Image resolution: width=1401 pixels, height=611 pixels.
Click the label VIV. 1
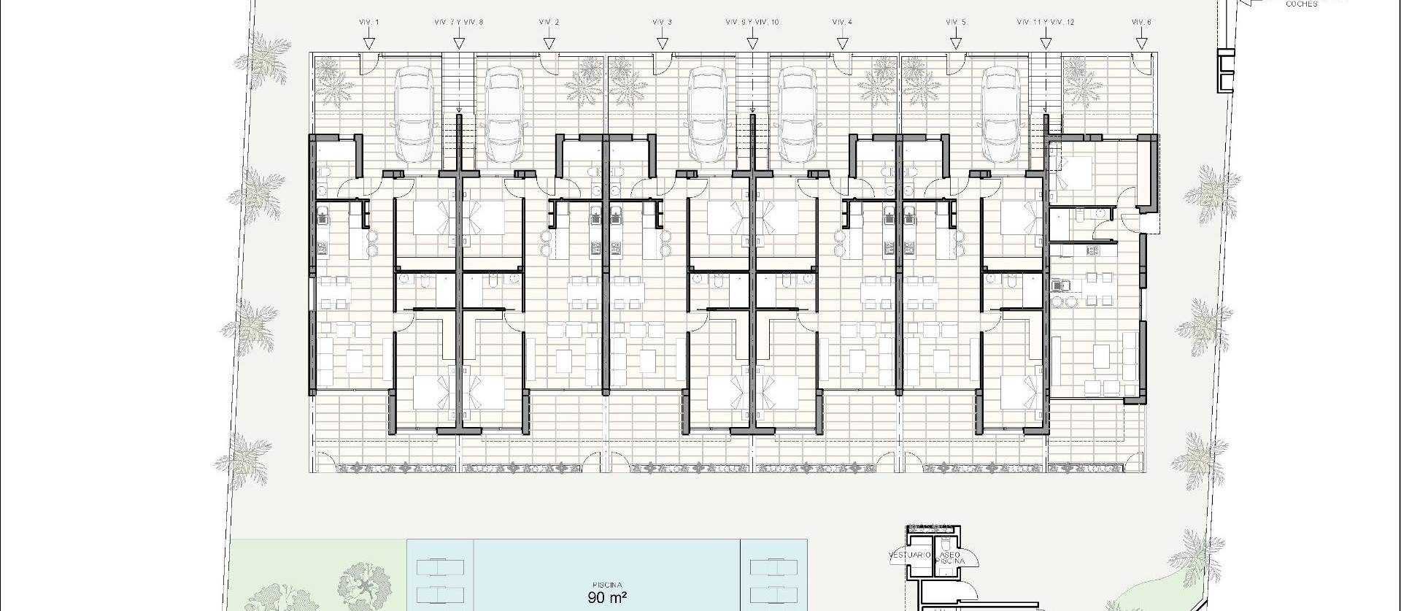click(x=369, y=23)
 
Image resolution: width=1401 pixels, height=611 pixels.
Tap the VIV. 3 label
click(x=662, y=23)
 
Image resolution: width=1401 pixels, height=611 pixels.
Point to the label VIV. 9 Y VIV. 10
click(x=752, y=23)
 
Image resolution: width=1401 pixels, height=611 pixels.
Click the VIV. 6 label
click(x=1141, y=23)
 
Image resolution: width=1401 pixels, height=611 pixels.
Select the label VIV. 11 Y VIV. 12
click(x=1046, y=23)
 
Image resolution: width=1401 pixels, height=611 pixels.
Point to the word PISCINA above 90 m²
click(x=607, y=585)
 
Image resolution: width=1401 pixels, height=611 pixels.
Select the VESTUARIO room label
click(x=910, y=556)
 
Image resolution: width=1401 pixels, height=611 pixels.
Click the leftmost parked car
click(x=413, y=115)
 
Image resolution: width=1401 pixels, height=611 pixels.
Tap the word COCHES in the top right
click(x=1301, y=4)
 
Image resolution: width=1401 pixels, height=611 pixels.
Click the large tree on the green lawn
click(x=363, y=583)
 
